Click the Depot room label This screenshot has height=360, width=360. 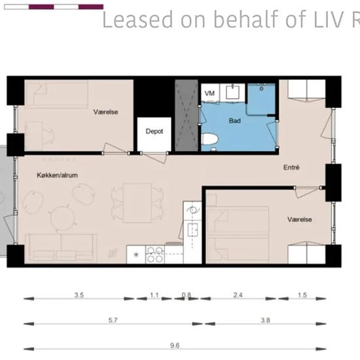pyautogui.click(x=154, y=132)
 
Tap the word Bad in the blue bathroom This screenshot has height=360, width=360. pyautogui.click(x=234, y=121)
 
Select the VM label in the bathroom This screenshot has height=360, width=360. pyautogui.click(x=209, y=94)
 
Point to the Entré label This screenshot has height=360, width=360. pyautogui.click(x=291, y=167)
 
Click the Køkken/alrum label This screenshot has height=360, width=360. pyautogui.click(x=57, y=175)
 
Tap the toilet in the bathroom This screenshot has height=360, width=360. pyautogui.click(x=209, y=139)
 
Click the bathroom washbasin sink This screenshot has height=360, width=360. pyautogui.click(x=233, y=92)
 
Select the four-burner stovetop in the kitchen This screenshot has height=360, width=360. pyautogui.click(x=154, y=255)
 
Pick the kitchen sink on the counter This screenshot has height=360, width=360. pyautogui.click(x=192, y=230)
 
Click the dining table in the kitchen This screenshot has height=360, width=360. pyautogui.click(x=137, y=203)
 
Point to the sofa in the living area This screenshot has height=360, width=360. pyautogui.click(x=61, y=247)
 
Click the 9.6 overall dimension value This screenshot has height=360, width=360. pyautogui.click(x=175, y=346)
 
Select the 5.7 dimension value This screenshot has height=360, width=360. pyautogui.click(x=113, y=320)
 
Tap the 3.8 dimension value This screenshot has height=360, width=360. pyautogui.click(x=265, y=320)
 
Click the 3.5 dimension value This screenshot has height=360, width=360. pyautogui.click(x=79, y=295)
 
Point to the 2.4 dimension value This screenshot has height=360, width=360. pyautogui.click(x=238, y=295)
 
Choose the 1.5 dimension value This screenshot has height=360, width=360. pyautogui.click(x=302, y=295)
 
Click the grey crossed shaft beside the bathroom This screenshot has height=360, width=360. pyautogui.click(x=187, y=115)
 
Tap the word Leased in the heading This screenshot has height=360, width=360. pyautogui.click(x=137, y=20)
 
